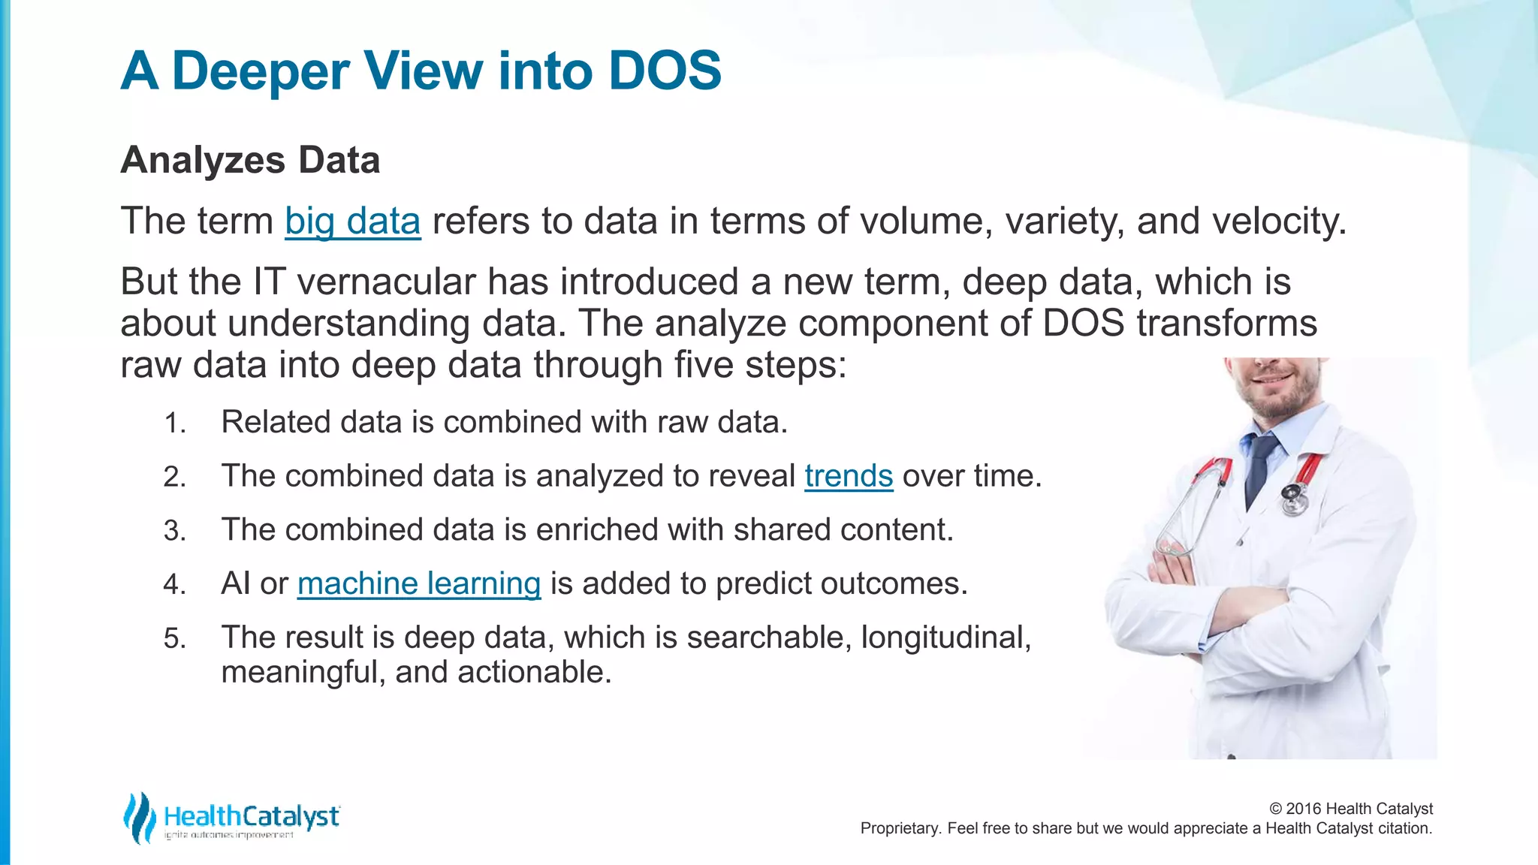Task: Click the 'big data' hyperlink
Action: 352,222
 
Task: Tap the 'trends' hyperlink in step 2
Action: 849,476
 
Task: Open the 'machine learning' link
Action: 418,583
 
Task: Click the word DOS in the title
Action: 665,71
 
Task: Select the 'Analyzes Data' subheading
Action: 250,160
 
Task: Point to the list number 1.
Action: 174,423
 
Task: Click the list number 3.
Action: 174,531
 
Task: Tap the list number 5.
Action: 174,639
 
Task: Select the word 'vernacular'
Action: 386,282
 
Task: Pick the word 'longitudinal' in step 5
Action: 945,637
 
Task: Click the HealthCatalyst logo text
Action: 252,816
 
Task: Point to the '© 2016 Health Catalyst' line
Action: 1350,809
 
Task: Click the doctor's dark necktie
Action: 1259,466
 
